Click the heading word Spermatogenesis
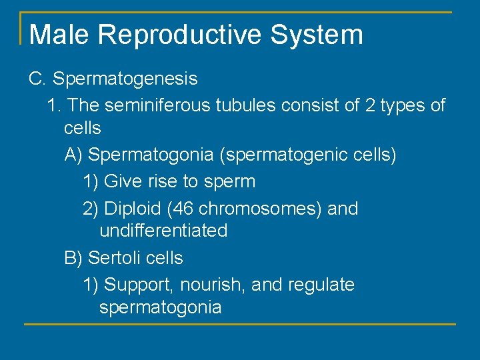pyautogui.click(x=125, y=79)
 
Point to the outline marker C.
pyautogui.click(x=37, y=79)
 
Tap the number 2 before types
pyautogui.click(x=371, y=105)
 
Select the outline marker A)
pyautogui.click(x=73, y=155)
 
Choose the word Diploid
pyautogui.click(x=133, y=209)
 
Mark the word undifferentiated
pyautogui.click(x=163, y=231)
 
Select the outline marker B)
pyautogui.click(x=73, y=258)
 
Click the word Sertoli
pyautogui.click(x=115, y=258)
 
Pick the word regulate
pyautogui.click(x=321, y=285)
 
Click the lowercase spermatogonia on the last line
pyautogui.click(x=160, y=308)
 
